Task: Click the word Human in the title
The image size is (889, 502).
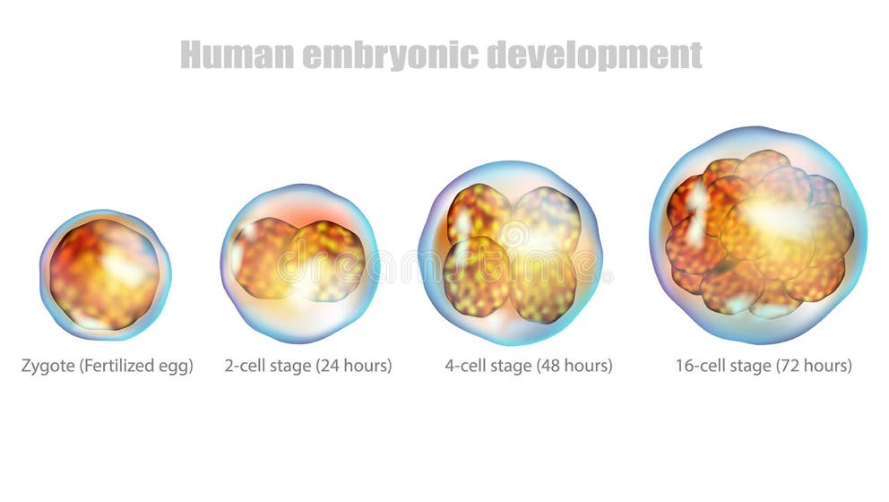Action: click(x=237, y=55)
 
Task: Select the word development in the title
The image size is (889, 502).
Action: click(x=595, y=55)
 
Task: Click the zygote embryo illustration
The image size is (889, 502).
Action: click(x=105, y=273)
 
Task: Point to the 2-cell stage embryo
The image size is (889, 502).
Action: click(x=299, y=263)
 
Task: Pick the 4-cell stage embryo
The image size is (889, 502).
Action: click(x=509, y=254)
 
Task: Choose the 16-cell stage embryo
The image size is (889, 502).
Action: click(x=758, y=235)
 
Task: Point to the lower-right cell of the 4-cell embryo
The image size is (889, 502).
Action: click(x=543, y=285)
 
